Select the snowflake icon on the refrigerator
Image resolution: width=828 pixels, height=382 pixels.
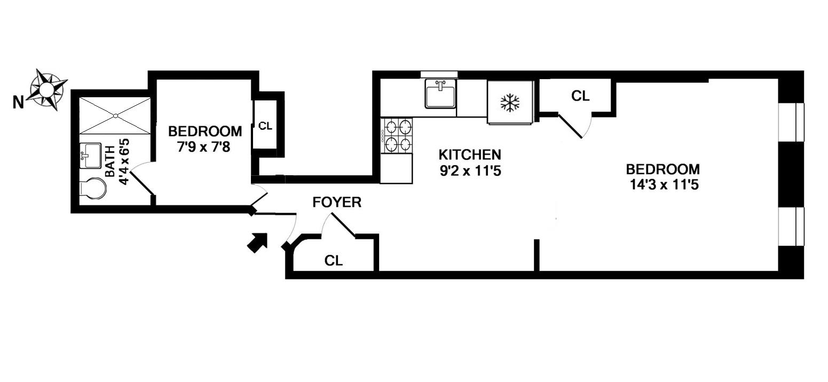coord(510,103)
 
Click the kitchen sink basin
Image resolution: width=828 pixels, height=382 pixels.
coord(440,95)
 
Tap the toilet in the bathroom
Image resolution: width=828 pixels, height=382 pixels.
coord(90,189)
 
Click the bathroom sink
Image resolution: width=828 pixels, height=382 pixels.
coord(90,155)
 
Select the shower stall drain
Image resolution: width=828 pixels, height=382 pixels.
coord(115,115)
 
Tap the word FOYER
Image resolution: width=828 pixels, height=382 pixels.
coord(337,202)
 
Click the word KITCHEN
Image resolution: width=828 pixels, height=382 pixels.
coord(470,155)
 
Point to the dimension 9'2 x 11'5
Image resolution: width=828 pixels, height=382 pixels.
coord(470,172)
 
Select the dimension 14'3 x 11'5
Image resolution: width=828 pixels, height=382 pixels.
coord(663,186)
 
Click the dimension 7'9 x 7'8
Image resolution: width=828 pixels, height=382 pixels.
coord(203,147)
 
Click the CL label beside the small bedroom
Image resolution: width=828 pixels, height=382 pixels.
coord(265,127)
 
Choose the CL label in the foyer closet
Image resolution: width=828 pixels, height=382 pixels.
coord(334,261)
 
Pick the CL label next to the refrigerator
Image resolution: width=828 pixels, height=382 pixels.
coord(580,96)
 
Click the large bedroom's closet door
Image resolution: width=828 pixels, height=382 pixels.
coord(571,126)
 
